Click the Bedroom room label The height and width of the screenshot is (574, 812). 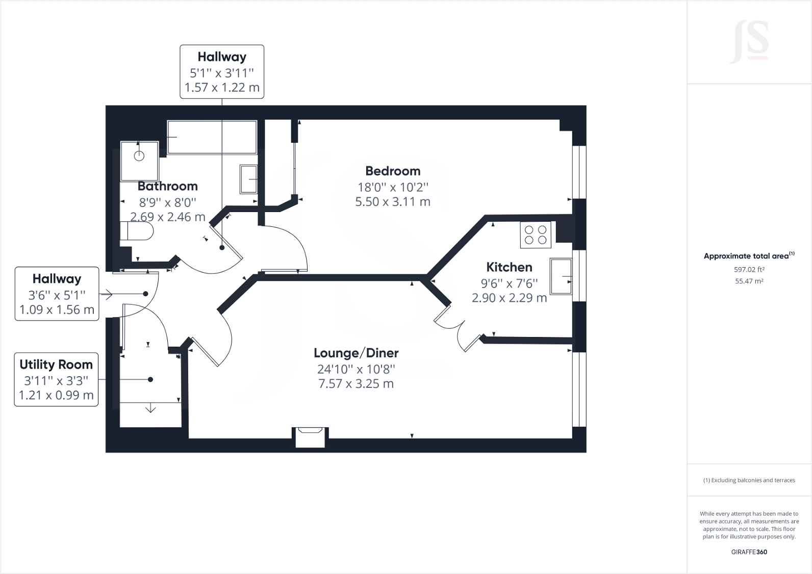point(393,171)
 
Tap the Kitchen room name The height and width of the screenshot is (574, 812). point(509,267)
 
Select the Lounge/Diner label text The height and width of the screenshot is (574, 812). point(356,353)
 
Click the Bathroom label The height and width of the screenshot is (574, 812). point(167,186)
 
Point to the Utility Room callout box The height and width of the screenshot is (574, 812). point(56,379)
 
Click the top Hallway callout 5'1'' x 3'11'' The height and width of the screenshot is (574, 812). point(222,72)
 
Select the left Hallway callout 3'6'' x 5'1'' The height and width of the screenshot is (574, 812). point(57,294)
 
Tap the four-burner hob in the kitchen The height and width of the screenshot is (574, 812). point(536,235)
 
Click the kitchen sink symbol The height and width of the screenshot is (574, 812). point(561,276)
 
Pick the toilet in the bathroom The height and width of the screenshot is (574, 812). point(137,231)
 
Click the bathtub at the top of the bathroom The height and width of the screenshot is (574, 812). point(212,137)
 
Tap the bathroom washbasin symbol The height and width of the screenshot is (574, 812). point(249,179)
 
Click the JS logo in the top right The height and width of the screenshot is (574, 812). point(749,42)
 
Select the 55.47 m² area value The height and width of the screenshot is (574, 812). point(749,281)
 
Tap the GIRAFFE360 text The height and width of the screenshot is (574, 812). point(749,552)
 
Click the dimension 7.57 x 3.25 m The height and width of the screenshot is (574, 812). point(356,384)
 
